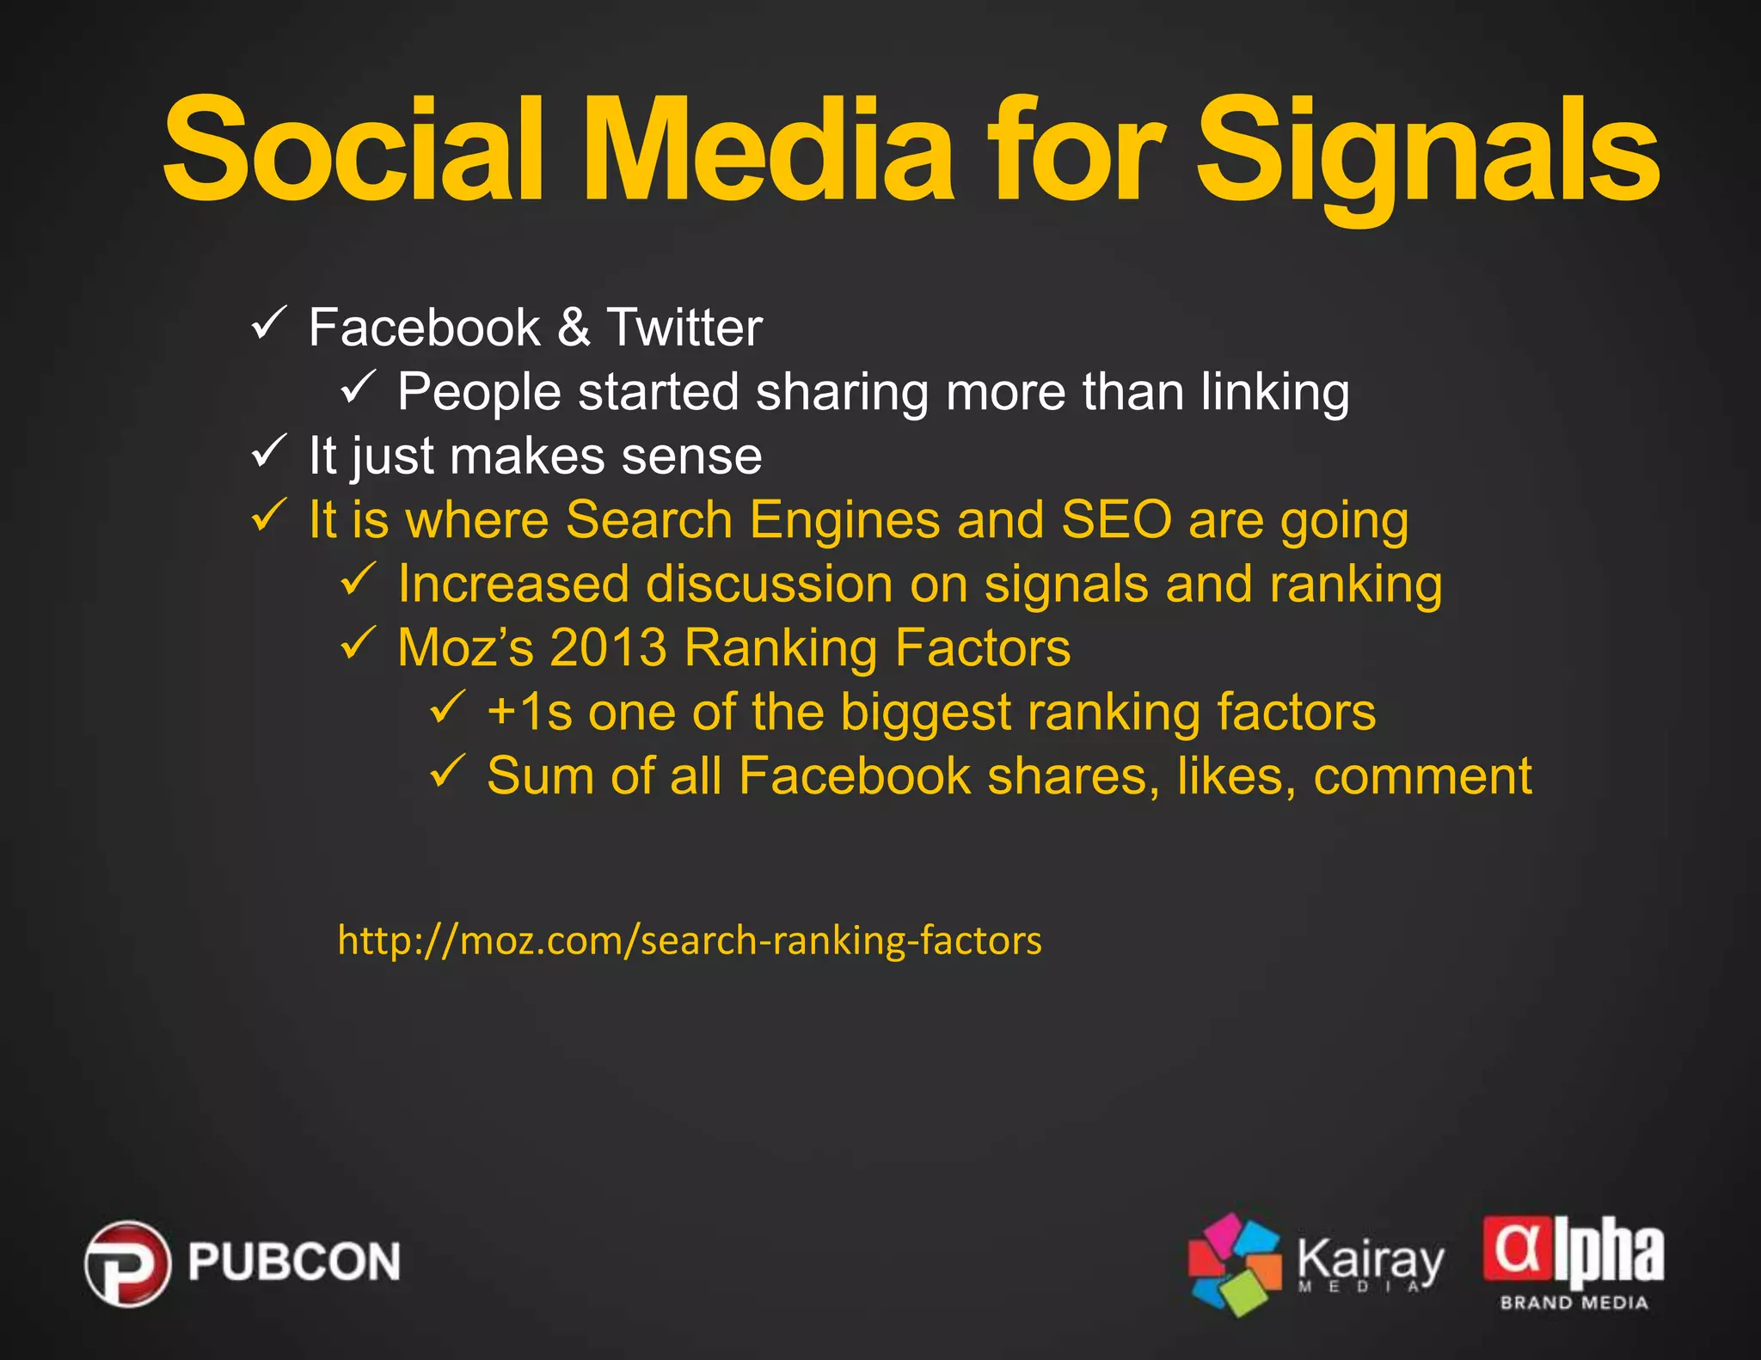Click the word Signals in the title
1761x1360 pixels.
click(1427, 155)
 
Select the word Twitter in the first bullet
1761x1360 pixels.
click(684, 328)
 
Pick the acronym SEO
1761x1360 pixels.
click(1116, 520)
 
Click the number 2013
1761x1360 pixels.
click(608, 647)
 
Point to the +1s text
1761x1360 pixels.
click(529, 713)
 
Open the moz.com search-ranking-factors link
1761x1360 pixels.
click(690, 940)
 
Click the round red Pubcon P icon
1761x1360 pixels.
click(127, 1263)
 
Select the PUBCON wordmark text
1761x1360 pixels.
click(294, 1262)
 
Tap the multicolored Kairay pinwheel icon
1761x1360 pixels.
click(1234, 1264)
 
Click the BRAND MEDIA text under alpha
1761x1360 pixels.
click(1574, 1303)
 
